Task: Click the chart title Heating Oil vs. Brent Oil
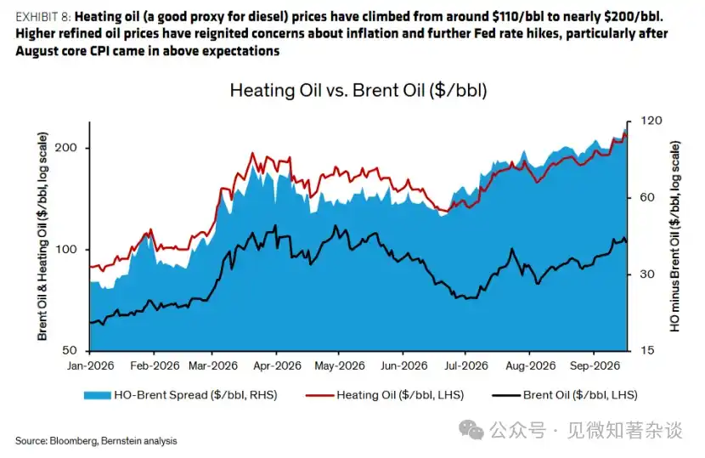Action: [358, 90]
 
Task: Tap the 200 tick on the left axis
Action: [66, 148]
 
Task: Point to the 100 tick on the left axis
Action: [66, 249]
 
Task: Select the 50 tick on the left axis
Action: [70, 350]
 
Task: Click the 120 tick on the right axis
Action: [651, 121]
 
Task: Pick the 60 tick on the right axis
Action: [647, 197]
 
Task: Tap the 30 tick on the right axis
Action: [647, 274]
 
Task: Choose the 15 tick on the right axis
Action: [647, 350]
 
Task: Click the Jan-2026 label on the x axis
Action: [90, 365]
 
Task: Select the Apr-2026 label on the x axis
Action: [277, 365]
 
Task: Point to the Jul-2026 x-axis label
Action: [466, 365]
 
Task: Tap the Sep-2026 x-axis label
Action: [595, 365]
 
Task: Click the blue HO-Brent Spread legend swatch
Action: [97, 395]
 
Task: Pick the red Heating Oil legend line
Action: [319, 395]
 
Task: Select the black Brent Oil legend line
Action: [506, 395]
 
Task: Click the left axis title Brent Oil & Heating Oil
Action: [42, 236]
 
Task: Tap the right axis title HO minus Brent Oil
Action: [675, 237]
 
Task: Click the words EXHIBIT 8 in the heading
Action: [43, 17]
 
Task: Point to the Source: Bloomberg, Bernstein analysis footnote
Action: [96, 441]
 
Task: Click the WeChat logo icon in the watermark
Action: [471, 430]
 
